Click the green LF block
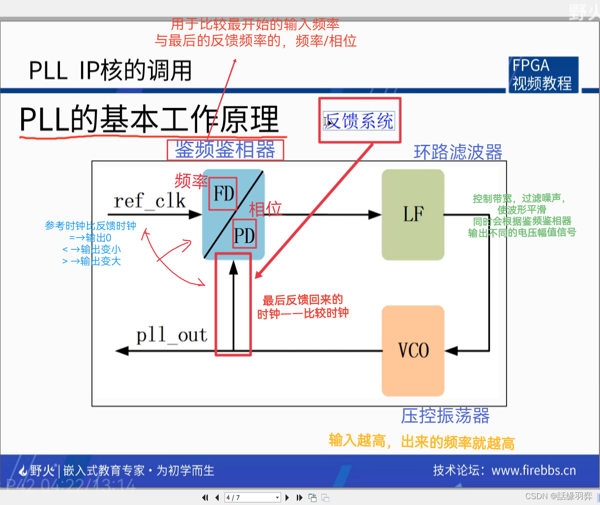(x=413, y=214)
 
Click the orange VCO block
(x=413, y=350)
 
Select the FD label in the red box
(x=224, y=194)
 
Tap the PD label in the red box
(x=244, y=236)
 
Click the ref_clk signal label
(x=149, y=201)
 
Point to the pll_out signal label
(x=171, y=336)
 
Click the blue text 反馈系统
(x=360, y=121)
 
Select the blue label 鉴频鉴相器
(x=225, y=150)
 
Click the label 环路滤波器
(x=458, y=152)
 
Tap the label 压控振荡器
(x=445, y=416)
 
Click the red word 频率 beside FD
(x=191, y=181)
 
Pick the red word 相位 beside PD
(x=265, y=209)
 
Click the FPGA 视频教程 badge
(x=543, y=75)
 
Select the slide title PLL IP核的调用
(x=110, y=71)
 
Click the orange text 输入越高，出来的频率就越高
(x=422, y=442)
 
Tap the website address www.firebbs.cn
(x=533, y=471)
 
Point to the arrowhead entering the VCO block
(x=451, y=351)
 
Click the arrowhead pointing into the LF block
(x=374, y=214)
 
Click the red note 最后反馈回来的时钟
(x=303, y=306)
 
